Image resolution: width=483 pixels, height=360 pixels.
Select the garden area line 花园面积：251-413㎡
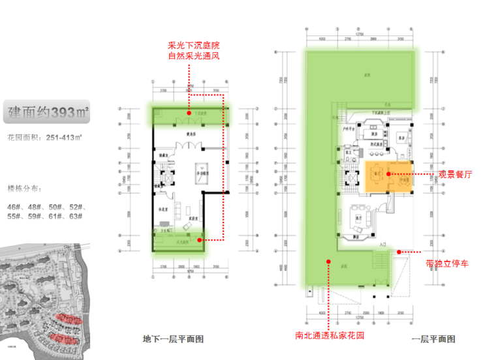click(44, 138)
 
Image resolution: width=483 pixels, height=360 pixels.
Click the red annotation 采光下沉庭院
click(193, 46)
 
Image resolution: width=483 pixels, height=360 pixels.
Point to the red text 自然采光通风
click(193, 57)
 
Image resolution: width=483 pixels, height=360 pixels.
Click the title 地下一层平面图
click(174, 339)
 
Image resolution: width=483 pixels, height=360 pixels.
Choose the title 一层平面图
click(433, 339)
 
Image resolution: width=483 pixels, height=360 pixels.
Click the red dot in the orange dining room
click(388, 174)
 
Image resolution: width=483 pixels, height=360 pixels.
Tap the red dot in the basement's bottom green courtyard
click(200, 240)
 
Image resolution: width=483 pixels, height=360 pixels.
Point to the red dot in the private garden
click(328, 260)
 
